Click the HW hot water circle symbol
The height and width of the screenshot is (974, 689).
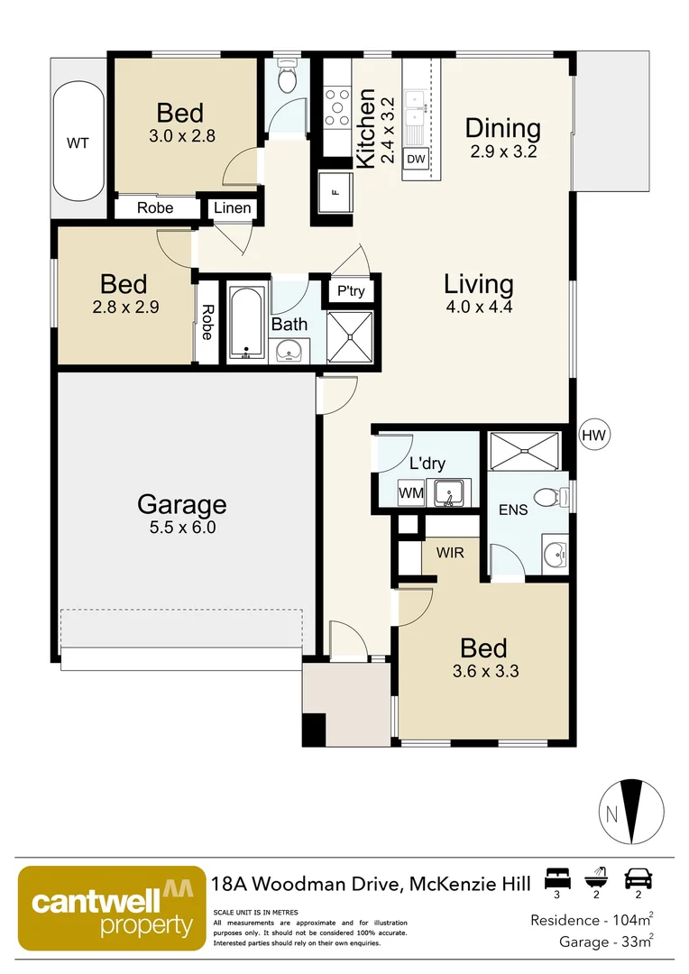(x=594, y=436)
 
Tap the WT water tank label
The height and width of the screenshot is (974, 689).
(x=78, y=143)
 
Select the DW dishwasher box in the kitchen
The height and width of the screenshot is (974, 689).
(x=416, y=160)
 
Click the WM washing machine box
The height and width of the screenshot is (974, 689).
(x=411, y=493)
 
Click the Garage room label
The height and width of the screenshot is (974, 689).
(x=181, y=504)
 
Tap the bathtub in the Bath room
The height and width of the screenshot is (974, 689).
(x=245, y=323)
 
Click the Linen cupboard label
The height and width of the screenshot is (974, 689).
(x=232, y=208)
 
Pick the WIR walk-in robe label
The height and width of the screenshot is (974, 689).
(x=450, y=552)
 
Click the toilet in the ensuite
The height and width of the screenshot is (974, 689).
(x=548, y=496)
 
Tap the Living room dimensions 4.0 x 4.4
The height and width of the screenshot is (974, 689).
(x=478, y=307)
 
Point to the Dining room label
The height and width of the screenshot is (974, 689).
(x=503, y=129)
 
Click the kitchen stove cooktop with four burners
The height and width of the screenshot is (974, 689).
(x=338, y=106)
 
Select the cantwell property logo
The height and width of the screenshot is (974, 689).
(x=107, y=911)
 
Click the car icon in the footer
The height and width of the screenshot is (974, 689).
(x=638, y=878)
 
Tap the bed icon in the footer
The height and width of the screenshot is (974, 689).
(x=557, y=878)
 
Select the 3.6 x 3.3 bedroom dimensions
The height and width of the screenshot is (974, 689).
(x=483, y=670)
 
